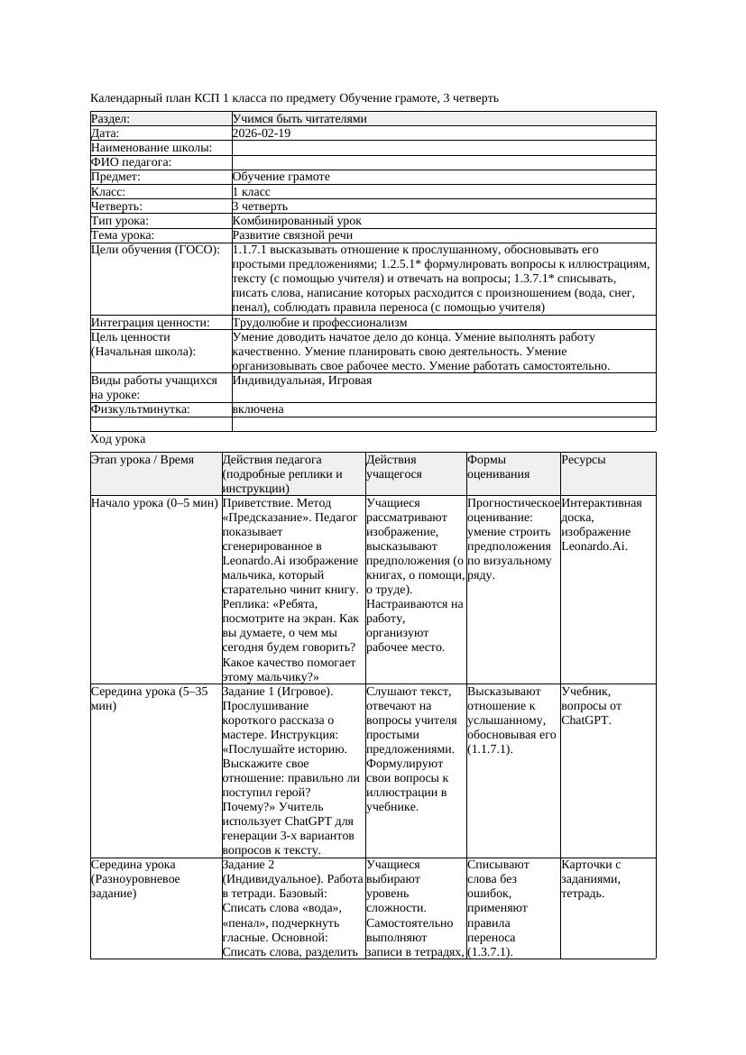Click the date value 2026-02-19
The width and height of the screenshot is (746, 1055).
(x=262, y=133)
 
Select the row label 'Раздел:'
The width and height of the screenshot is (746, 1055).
(x=111, y=118)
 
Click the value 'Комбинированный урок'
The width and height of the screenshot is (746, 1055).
(x=297, y=220)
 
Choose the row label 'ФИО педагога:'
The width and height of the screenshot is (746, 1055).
(x=132, y=162)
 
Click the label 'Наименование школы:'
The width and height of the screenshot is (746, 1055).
(x=152, y=148)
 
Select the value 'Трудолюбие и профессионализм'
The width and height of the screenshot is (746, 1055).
(x=319, y=322)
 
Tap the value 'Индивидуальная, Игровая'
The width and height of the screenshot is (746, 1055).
(x=302, y=381)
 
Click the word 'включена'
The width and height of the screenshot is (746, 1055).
(x=258, y=409)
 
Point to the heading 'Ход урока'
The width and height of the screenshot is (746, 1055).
(x=118, y=439)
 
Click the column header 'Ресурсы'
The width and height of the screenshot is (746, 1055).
(x=584, y=460)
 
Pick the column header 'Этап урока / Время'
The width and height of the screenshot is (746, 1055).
(x=143, y=460)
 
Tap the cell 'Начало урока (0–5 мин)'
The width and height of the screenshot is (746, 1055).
(x=154, y=503)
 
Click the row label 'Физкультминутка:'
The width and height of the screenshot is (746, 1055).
(x=141, y=409)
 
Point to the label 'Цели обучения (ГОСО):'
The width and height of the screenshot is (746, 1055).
(x=156, y=249)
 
